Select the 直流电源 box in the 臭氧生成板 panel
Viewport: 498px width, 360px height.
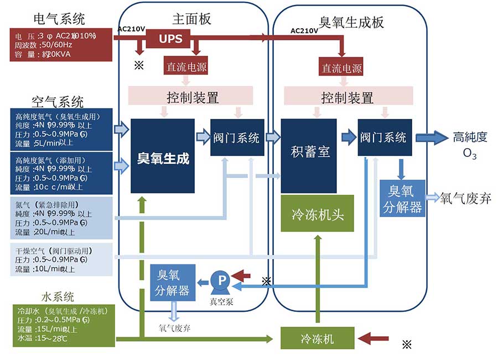tap(342, 69)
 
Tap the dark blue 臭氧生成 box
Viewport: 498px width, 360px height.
tap(163, 156)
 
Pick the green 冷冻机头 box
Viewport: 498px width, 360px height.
tap(317, 213)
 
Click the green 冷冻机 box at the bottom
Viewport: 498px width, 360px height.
tap(317, 337)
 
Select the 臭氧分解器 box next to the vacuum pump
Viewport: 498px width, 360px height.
tap(173, 282)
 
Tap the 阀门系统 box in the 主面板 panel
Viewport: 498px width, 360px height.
tap(236, 138)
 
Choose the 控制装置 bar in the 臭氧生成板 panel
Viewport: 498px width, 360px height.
tap(347, 97)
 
